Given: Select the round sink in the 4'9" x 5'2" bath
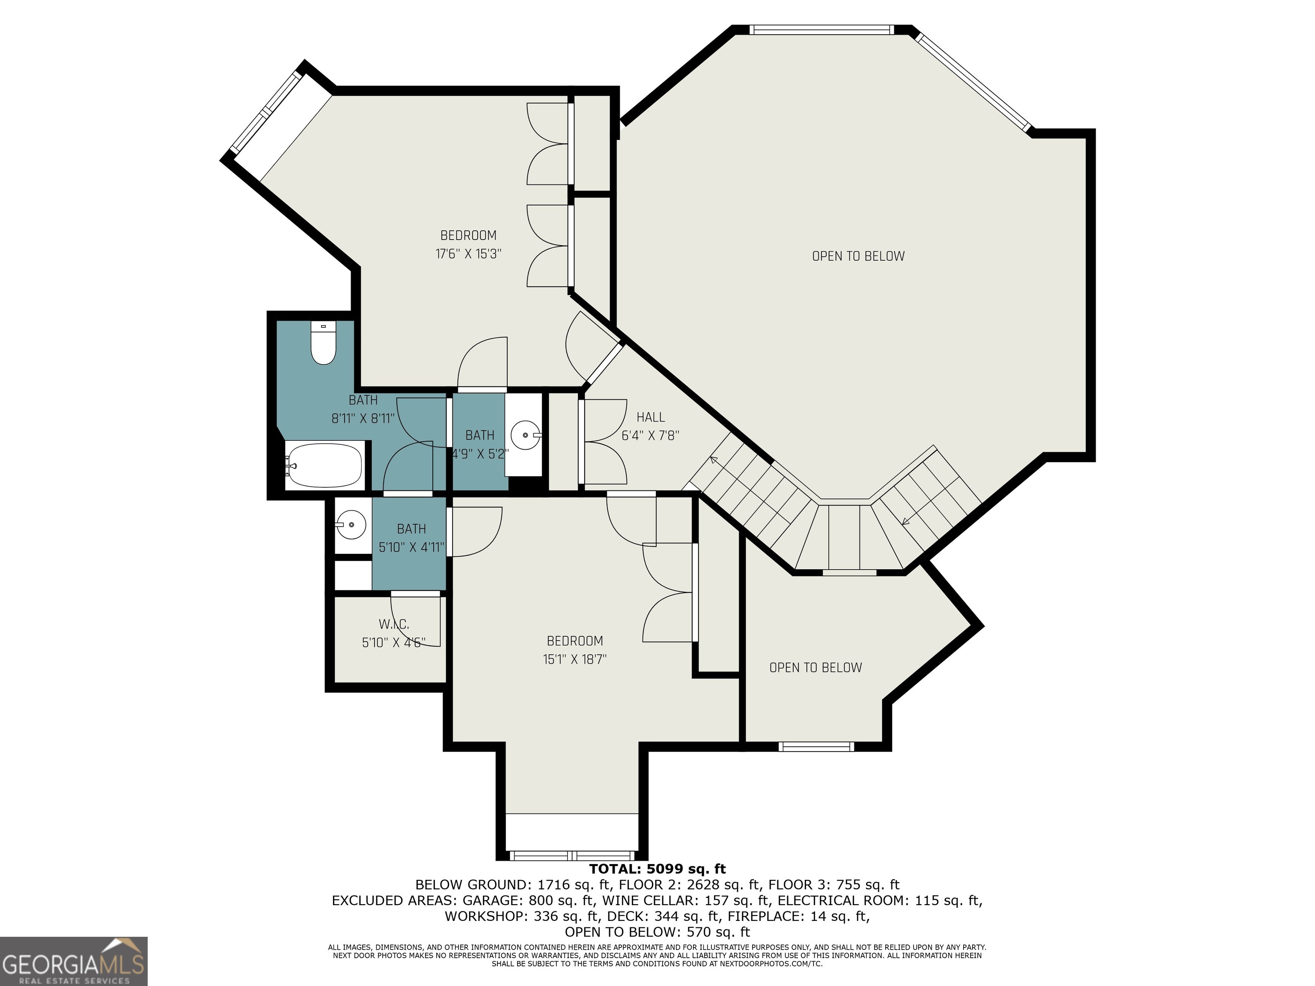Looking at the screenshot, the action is (526, 435).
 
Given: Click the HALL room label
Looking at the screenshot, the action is (650, 417).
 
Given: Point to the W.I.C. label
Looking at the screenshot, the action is (393, 624).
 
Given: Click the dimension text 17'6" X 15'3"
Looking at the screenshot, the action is (468, 254).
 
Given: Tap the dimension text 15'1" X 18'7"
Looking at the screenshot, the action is (574, 659).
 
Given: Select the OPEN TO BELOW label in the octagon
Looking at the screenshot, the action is (858, 256).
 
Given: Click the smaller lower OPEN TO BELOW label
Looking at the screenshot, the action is (815, 668).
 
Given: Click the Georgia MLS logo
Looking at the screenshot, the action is (74, 961).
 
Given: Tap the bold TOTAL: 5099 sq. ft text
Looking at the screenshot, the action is (657, 869).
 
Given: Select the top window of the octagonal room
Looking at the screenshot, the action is (821, 30).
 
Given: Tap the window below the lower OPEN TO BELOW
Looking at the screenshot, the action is (816, 746).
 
